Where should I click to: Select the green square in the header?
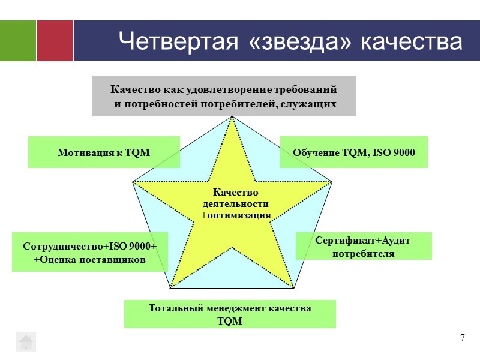[18, 41]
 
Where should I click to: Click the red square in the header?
[55, 41]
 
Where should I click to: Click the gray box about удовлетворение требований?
[223, 96]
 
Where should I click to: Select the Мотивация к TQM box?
[104, 152]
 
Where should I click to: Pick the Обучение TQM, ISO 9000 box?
[354, 152]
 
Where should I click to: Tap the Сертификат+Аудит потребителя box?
[364, 246]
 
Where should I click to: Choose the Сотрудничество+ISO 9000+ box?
[89, 253]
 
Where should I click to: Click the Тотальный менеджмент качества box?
[230, 314]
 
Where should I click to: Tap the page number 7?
[463, 337]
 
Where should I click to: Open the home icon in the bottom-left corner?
[26, 342]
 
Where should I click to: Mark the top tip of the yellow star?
[232, 117]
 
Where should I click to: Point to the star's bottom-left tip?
[171, 287]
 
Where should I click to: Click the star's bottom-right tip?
[293, 287]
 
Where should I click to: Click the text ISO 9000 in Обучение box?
[393, 152]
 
